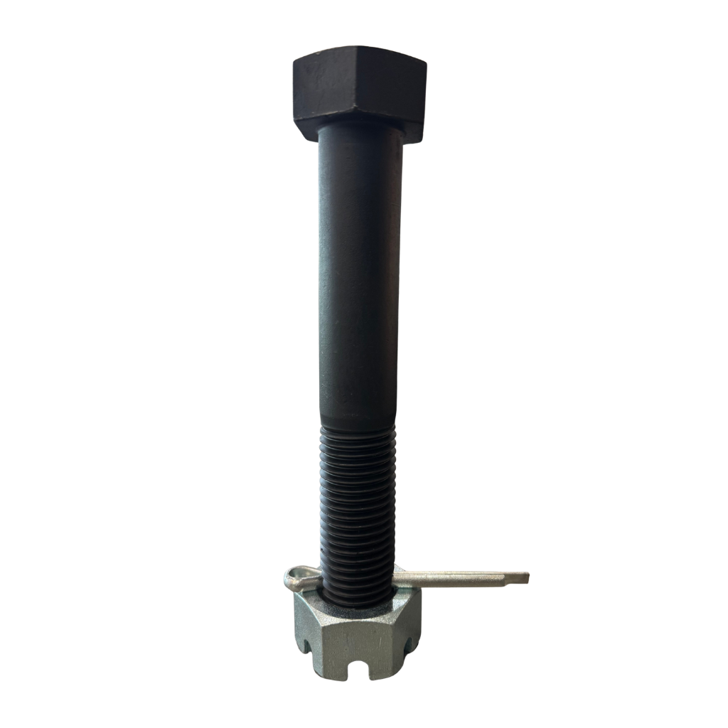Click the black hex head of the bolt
[x=359, y=92]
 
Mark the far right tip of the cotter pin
[x=527, y=577]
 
